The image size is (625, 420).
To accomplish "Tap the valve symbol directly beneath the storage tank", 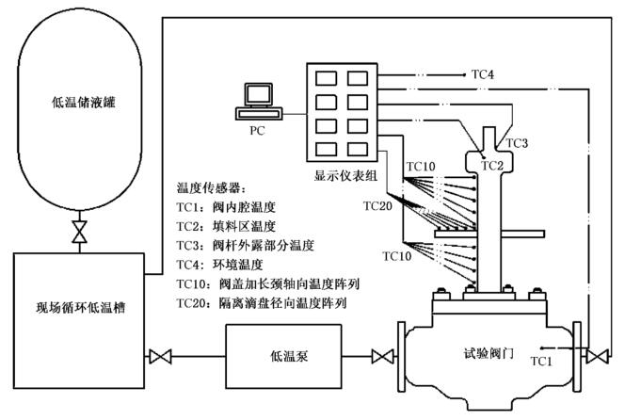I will (80, 231).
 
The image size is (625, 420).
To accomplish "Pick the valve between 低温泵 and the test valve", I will (382, 358).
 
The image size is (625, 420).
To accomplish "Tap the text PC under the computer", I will (256, 131).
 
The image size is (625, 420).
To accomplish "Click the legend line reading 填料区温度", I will (225, 227).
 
